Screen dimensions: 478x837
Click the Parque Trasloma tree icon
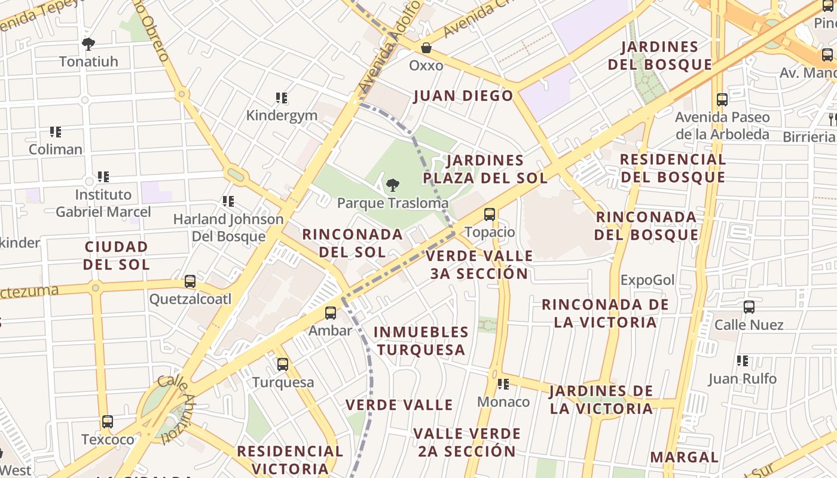click(392, 185)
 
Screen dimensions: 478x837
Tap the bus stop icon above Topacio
click(489, 214)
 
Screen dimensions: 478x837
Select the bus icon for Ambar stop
click(330, 312)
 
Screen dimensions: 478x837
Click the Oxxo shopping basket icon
click(426, 47)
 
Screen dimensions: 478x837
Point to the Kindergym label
click(282, 115)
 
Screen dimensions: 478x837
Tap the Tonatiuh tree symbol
click(88, 44)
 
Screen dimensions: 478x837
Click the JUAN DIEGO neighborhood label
click(463, 96)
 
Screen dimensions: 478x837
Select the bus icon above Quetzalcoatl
click(190, 281)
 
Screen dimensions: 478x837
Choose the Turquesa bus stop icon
click(283, 364)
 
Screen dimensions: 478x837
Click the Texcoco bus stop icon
click(108, 422)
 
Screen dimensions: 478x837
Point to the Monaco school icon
click(503, 384)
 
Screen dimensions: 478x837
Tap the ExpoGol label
click(647, 280)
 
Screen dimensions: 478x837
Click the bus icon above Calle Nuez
click(749, 307)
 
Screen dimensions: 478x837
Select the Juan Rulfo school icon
click(743, 361)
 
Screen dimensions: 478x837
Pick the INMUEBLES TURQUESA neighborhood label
click(421, 341)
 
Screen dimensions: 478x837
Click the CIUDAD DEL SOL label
click(116, 255)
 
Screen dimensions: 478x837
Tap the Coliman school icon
click(56, 131)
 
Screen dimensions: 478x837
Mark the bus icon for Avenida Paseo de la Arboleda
click(722, 100)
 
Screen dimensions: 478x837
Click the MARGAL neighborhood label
click(684, 457)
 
